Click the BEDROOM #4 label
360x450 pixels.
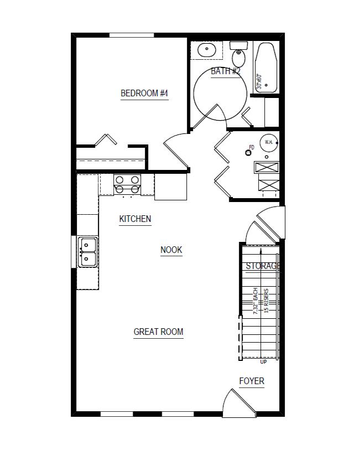(144, 93)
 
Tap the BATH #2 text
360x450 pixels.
(226, 71)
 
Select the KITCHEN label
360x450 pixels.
(135, 219)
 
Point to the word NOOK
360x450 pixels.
(171, 250)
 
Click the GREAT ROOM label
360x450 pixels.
(158, 332)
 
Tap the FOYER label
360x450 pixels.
(252, 381)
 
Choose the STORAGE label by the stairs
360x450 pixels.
(262, 266)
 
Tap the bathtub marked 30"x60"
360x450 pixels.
(267, 68)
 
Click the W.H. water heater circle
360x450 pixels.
(269, 142)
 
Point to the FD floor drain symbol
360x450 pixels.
(249, 149)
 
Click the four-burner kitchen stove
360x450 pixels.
(127, 184)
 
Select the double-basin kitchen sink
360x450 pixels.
(87, 252)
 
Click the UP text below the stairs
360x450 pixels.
(263, 363)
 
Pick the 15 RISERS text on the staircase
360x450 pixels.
(267, 301)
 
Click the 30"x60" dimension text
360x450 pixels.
(259, 82)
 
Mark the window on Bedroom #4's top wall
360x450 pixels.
(132, 35)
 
